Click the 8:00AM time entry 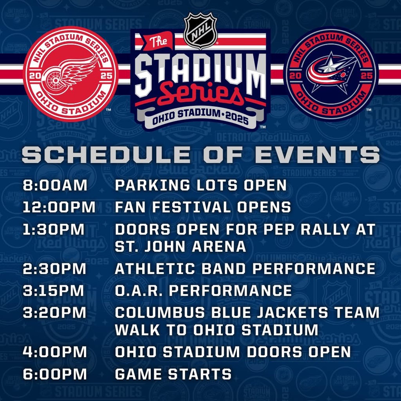point(55,185)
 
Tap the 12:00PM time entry point(59,207)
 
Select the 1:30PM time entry point(53,229)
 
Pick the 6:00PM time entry point(55,374)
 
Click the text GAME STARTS point(173,374)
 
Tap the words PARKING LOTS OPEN point(201,185)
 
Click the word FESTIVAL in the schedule point(192,207)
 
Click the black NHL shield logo point(200,31)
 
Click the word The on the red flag point(158,41)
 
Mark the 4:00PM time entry point(55,352)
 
